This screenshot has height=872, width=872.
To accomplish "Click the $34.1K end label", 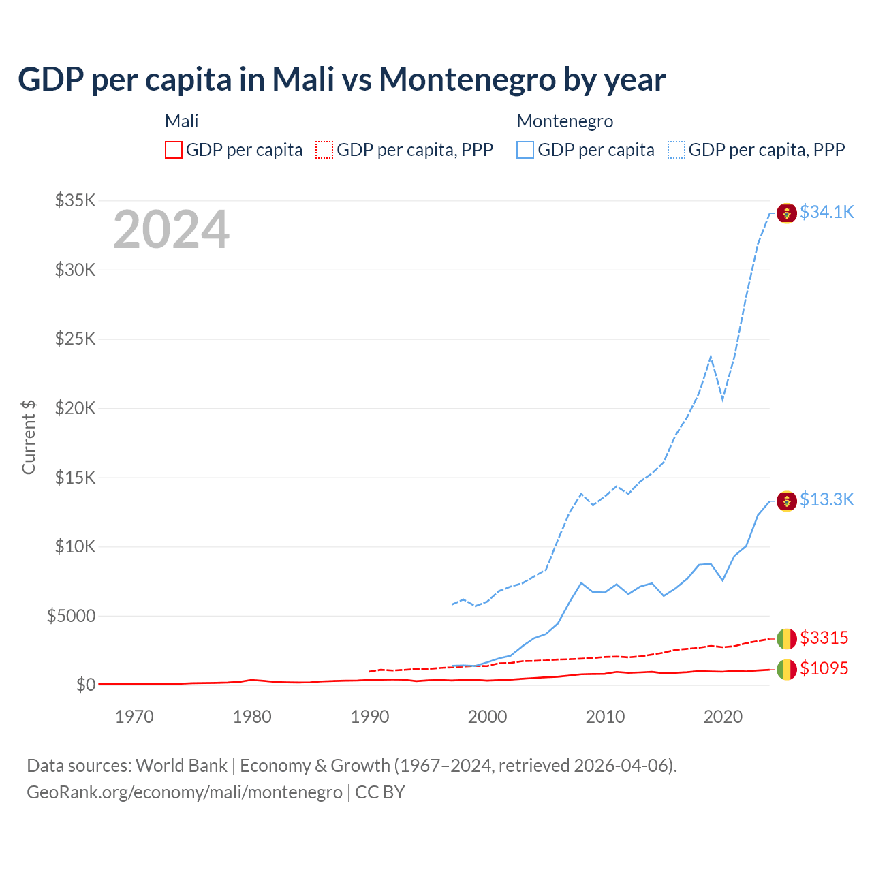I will coord(826,213).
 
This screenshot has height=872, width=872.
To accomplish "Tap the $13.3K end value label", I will coord(826,500).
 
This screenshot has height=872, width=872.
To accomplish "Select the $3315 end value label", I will coord(824,638).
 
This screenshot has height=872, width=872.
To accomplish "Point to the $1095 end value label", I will coord(824,669).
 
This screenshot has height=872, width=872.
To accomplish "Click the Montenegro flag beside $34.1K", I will coord(787,213).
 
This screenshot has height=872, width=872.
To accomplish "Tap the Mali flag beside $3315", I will coord(787,639).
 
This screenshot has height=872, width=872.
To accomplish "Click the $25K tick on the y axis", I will coord(76,339).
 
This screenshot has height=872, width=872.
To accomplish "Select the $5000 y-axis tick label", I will coord(71,617).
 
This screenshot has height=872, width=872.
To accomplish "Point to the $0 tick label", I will coord(85,685).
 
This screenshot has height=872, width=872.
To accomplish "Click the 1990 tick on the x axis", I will coord(370,717).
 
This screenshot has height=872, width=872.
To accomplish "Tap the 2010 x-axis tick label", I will coord(605,717).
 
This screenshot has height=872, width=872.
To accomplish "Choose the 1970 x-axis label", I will coord(134,717).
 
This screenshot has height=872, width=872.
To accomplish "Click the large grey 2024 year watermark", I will coord(171,230).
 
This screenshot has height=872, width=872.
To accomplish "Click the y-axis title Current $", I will coord(29,437).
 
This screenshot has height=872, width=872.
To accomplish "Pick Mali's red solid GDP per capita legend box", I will coord(174,150).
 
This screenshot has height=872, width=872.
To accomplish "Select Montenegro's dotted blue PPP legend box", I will coord(676,150).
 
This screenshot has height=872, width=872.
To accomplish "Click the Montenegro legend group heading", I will coord(565,121).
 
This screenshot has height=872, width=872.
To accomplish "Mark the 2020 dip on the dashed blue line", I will coord(722,399).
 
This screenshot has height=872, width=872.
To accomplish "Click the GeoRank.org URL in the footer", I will coord(185,792).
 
